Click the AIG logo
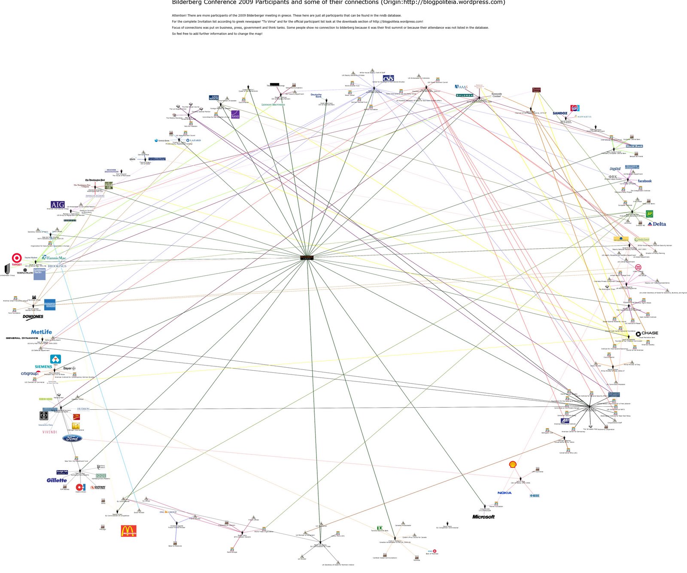click(x=58, y=204)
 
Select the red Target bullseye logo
click(x=17, y=258)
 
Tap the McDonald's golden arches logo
click(x=129, y=531)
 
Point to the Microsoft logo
click(x=483, y=517)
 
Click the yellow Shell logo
click(x=512, y=464)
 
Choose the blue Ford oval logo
click(x=72, y=439)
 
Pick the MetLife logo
click(x=41, y=332)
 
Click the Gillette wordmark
click(x=57, y=480)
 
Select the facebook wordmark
click(x=644, y=181)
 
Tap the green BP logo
click(x=649, y=213)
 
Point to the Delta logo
click(x=657, y=224)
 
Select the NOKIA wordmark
click(x=505, y=493)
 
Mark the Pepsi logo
click(x=575, y=108)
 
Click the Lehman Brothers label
click(x=273, y=104)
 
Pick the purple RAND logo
click(x=235, y=115)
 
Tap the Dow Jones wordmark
click(x=33, y=317)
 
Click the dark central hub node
click(x=307, y=258)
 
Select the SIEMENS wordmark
click(x=43, y=366)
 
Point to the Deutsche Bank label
click(x=316, y=95)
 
